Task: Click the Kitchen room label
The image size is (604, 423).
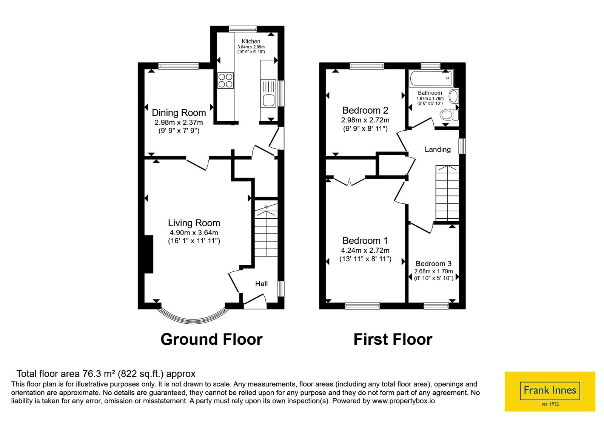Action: pos(251,41)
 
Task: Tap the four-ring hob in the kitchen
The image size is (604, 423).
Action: pos(225,80)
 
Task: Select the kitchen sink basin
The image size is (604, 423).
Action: pos(268,100)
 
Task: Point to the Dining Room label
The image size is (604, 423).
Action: pos(179,113)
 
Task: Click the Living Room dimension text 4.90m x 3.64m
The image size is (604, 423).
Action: pos(194,233)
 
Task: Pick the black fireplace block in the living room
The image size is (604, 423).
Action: pos(149,254)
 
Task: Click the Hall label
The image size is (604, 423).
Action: pos(261,284)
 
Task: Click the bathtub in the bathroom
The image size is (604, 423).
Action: pos(431,78)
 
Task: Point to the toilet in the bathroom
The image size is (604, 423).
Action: pos(449,115)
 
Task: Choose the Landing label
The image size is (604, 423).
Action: pos(438,149)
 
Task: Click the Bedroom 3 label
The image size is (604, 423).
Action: pos(434,264)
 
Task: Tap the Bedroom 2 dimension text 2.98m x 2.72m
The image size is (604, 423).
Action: pos(365,120)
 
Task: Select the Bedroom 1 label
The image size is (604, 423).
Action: pos(365,240)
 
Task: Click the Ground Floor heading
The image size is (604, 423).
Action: pos(211,340)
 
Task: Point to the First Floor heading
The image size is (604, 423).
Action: pos(393,340)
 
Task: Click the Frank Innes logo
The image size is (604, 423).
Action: pos(550,391)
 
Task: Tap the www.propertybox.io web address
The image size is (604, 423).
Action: pos(404,401)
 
